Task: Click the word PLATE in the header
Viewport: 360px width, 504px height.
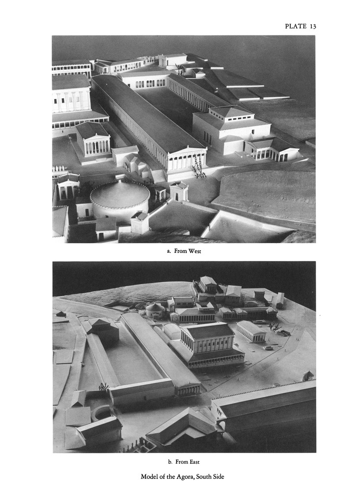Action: click(x=296, y=27)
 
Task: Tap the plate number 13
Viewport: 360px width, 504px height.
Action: click(x=313, y=27)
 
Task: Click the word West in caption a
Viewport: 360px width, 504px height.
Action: click(x=195, y=251)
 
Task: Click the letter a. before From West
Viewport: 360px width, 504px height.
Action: click(x=169, y=252)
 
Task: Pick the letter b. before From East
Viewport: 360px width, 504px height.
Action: click(x=170, y=462)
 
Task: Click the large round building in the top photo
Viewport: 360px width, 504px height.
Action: click(x=120, y=200)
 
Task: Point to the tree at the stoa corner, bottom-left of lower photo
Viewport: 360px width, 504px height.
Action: click(x=103, y=387)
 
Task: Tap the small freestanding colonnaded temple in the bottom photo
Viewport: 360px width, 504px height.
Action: click(x=251, y=331)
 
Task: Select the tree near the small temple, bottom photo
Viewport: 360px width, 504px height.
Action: click(x=274, y=326)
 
